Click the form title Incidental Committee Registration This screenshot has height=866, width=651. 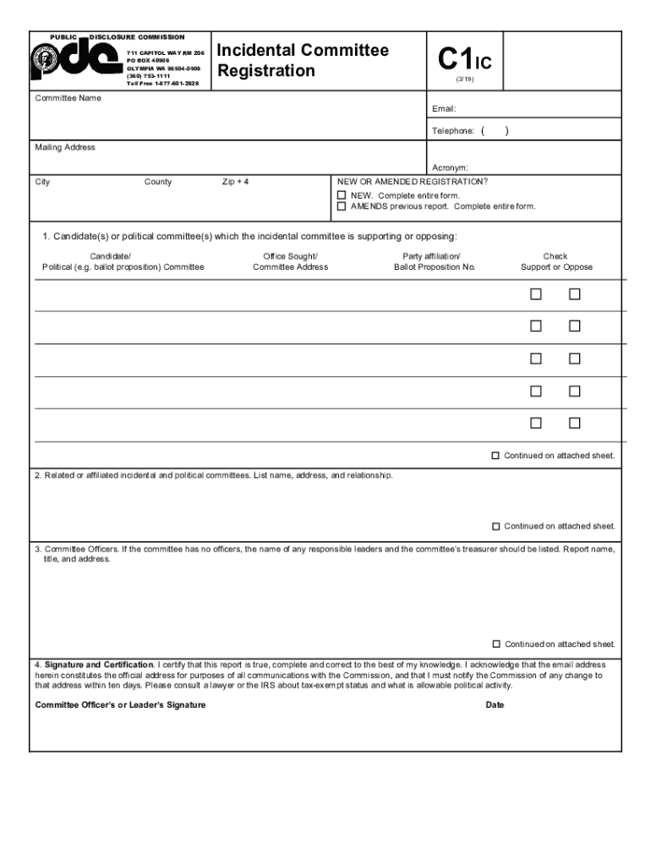[x=303, y=60]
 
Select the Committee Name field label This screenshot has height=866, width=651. [x=68, y=98]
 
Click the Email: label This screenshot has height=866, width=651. [x=444, y=109]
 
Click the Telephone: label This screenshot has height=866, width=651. [x=453, y=131]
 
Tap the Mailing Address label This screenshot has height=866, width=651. [x=65, y=147]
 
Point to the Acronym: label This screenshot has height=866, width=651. [x=450, y=167]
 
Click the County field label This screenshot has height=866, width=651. [x=158, y=182]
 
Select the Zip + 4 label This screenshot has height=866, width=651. [x=235, y=182]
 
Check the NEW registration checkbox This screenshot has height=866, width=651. [x=342, y=195]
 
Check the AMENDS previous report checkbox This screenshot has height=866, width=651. [x=342, y=206]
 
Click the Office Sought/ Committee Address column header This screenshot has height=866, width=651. [x=290, y=261]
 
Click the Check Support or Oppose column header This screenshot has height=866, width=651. [x=555, y=261]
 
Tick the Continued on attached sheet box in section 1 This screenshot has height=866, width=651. [x=496, y=456]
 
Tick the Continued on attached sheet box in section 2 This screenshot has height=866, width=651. [x=496, y=526]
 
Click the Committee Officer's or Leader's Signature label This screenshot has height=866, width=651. [x=120, y=704]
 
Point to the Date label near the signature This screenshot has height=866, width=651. [x=495, y=704]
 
